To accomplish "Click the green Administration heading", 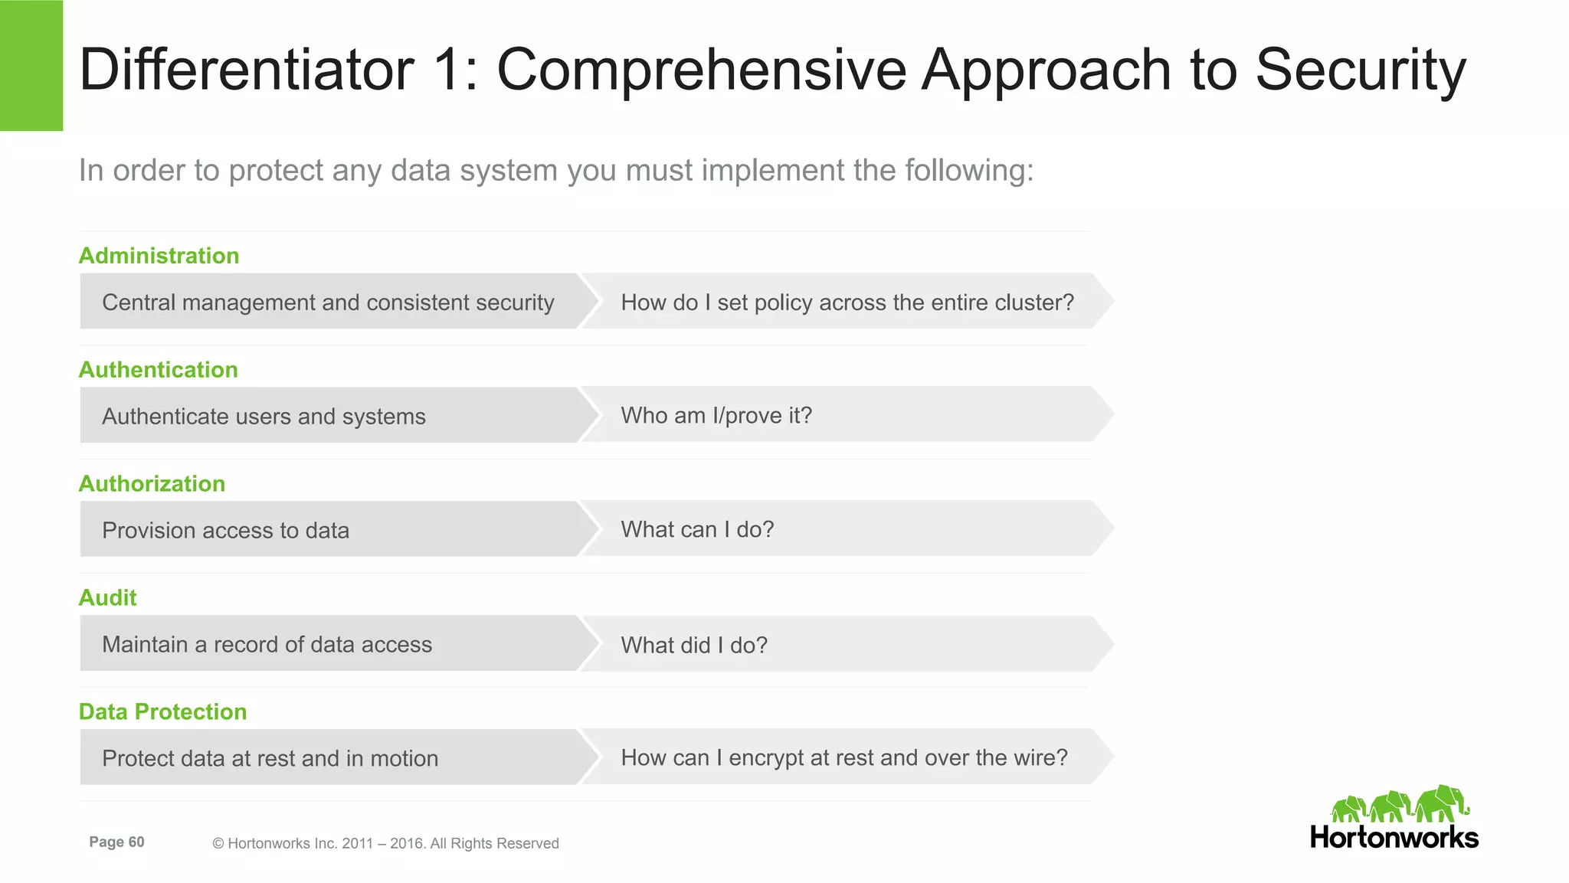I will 159,256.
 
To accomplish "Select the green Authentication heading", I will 159,370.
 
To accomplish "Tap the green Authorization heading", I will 152,484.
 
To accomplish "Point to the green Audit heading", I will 108,598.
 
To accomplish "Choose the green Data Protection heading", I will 163,712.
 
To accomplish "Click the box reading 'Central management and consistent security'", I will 328,303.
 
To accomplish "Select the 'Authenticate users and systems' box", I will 264,417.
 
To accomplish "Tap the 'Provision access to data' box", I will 225,531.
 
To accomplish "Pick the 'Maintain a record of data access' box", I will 267,645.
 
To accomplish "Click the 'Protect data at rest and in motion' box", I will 270,759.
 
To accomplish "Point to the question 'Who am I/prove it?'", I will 716,416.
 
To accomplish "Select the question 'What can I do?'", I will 697,530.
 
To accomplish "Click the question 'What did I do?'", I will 694,646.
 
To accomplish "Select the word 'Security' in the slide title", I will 1361,70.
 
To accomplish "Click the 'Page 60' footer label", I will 116,842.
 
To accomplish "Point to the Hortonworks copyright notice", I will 385,843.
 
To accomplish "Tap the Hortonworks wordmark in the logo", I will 1394,837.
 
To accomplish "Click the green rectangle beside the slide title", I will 31,65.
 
